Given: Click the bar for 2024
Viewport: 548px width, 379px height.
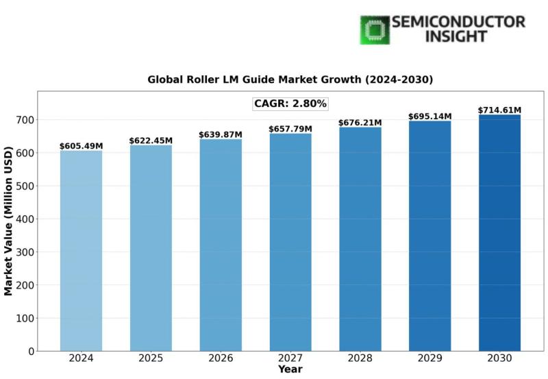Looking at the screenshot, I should click(81, 250).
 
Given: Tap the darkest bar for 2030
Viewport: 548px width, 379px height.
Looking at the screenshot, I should click(499, 232).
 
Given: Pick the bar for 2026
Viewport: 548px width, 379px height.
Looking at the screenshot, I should click(221, 245).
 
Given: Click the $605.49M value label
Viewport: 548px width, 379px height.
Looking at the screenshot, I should click(81, 146).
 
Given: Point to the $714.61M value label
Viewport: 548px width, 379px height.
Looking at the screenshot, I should click(499, 110).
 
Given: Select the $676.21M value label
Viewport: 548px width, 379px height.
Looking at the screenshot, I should click(360, 123).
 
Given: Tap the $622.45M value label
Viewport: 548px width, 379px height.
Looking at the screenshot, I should click(151, 140).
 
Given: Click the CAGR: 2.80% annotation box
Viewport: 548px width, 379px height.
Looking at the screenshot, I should click(290, 104).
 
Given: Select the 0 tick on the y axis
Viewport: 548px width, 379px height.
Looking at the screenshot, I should click(30, 351).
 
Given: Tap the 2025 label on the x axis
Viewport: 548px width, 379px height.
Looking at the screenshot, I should click(151, 358).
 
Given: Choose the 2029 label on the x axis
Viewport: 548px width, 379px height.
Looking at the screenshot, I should click(429, 358).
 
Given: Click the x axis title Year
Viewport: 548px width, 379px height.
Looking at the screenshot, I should click(290, 369).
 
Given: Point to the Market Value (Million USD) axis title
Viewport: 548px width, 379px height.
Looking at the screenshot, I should click(9, 221).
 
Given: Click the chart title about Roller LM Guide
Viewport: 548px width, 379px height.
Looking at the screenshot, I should click(290, 80).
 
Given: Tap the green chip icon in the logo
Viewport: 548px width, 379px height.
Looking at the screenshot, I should click(375, 30).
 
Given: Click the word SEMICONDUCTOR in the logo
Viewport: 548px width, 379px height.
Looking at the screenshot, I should click(459, 22).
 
